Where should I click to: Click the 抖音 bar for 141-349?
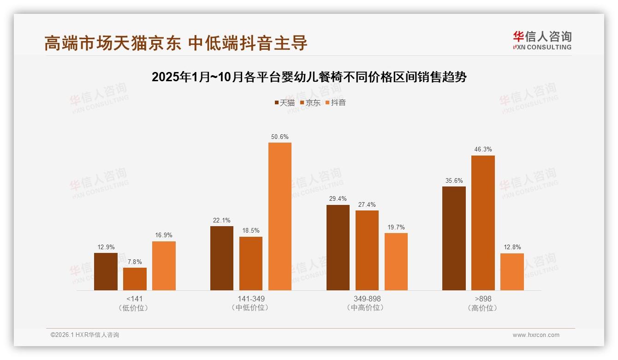click(280, 216)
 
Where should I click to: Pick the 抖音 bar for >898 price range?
click(512, 272)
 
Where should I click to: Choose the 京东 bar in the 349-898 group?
click(367, 250)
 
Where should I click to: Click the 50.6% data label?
click(280, 137)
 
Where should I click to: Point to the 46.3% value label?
click(483, 150)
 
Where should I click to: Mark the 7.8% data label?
click(135, 262)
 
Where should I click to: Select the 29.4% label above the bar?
click(338, 199)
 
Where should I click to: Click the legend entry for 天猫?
click(285, 103)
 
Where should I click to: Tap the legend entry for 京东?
click(310, 103)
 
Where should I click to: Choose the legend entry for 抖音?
click(336, 103)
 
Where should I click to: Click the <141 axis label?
click(134, 299)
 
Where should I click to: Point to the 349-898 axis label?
click(367, 299)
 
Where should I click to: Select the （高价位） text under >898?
click(483, 308)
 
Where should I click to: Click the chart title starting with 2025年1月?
click(309, 77)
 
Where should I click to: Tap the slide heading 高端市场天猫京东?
click(175, 43)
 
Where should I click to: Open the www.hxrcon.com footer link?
click(536, 335)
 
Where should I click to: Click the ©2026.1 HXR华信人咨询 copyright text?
click(85, 335)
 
